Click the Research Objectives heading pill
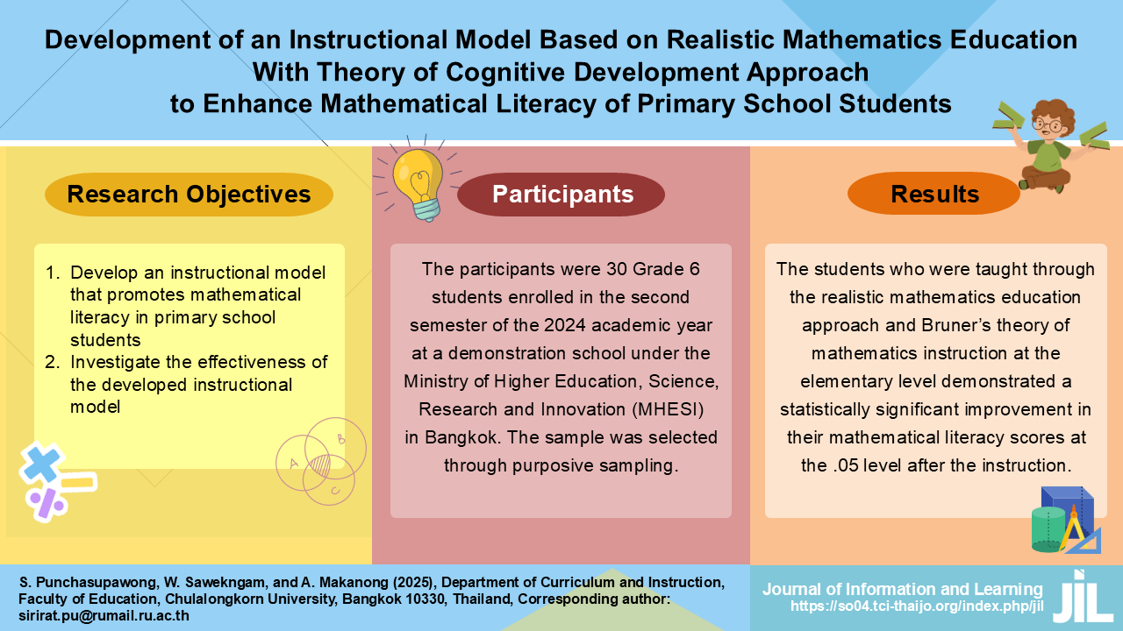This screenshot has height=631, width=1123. point(189,195)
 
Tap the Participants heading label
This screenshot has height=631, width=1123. point(562,195)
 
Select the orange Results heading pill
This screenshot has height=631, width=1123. point(934,194)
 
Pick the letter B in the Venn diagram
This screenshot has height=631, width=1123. point(341,439)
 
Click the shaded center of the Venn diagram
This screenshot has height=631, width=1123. point(320,465)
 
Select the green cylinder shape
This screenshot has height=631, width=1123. point(1048,530)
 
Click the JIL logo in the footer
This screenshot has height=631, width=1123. point(1082,597)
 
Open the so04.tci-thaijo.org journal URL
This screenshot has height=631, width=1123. point(917,606)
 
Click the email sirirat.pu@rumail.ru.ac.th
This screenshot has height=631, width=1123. point(104,615)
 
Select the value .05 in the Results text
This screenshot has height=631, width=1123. point(846,465)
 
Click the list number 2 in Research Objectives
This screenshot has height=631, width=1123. point(52,362)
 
